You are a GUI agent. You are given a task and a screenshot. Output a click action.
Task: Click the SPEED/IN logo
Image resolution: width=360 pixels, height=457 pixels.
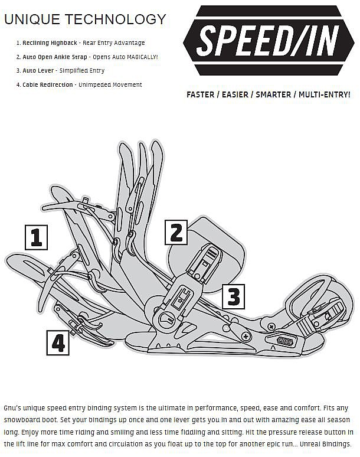click(269, 41)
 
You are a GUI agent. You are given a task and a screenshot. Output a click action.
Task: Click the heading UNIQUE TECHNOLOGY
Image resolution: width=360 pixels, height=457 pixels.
click(85, 19)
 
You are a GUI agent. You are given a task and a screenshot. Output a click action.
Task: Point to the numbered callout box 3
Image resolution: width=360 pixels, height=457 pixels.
click(234, 296)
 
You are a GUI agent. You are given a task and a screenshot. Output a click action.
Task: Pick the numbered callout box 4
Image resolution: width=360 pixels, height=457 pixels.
click(58, 342)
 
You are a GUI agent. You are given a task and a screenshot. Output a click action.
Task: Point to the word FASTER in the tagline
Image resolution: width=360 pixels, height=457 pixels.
click(200, 94)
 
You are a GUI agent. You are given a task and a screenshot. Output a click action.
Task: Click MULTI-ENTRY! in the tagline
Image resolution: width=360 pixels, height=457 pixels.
click(325, 94)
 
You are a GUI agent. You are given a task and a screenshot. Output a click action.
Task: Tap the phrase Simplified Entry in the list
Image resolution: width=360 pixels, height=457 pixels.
click(82, 71)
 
